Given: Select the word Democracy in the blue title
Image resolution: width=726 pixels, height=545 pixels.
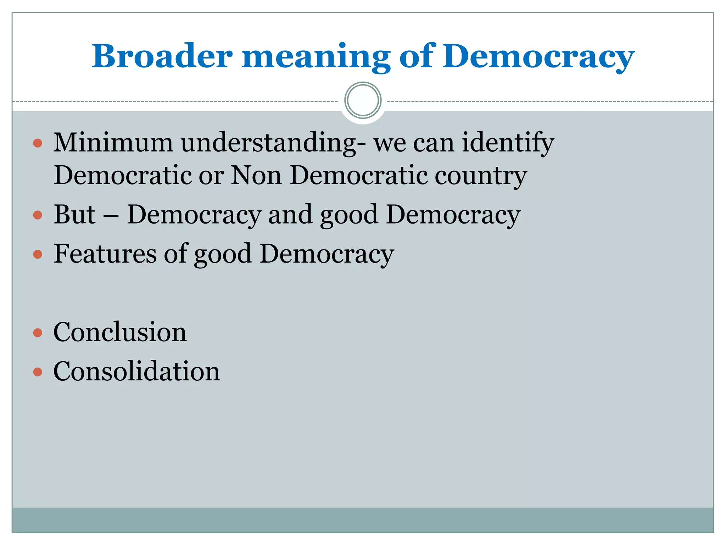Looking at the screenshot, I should pyautogui.click(x=538, y=57).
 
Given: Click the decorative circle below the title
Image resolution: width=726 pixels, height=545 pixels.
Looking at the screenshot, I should pyautogui.click(x=363, y=100).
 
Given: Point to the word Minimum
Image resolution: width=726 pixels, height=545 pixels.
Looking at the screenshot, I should pyautogui.click(x=113, y=142).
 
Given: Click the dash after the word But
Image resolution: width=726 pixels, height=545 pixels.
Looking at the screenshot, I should pyautogui.click(x=112, y=215).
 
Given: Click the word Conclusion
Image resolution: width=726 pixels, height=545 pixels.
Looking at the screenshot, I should pyautogui.click(x=120, y=332).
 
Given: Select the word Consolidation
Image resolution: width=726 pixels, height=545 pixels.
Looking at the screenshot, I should pyautogui.click(x=136, y=371).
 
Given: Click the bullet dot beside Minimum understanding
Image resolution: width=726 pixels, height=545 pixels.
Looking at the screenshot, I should pyautogui.click(x=38, y=143).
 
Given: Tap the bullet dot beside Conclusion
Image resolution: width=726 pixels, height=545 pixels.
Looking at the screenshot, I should pyautogui.click(x=38, y=333).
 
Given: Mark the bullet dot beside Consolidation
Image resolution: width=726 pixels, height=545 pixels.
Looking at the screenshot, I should pyautogui.click(x=38, y=372).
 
